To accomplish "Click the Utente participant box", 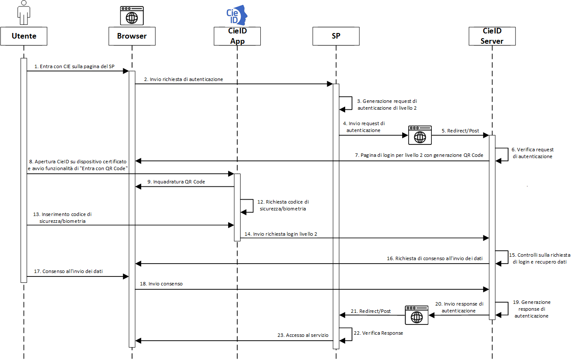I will coord(24,36).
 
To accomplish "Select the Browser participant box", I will coord(132,36).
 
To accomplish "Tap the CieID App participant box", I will coord(237,36).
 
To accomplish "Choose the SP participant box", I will coord(336,36).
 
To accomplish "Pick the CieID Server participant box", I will coord(492,36).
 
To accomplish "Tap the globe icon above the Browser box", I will coord(132,16).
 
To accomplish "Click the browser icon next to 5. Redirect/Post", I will coord(419,136).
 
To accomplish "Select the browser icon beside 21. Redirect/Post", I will coord(416,315).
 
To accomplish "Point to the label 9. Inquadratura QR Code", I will coord(176,182).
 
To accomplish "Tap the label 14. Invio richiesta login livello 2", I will coord(281,234).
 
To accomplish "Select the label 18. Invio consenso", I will coord(161,284).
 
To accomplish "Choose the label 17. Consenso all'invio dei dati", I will coord(69,271).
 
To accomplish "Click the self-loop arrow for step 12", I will coord(247,206).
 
